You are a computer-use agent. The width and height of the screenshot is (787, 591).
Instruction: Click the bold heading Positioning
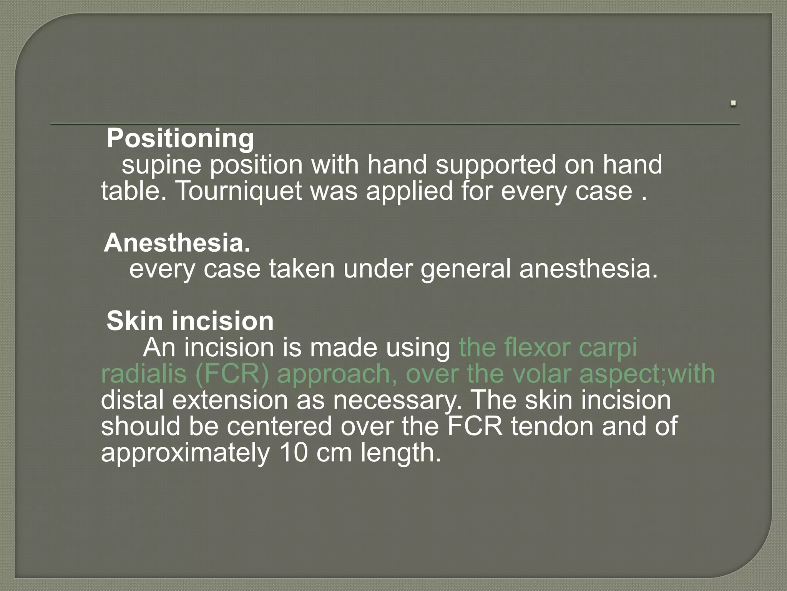(180, 139)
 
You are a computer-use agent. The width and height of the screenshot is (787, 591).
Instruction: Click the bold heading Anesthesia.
(177, 243)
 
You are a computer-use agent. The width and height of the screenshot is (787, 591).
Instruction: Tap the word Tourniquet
(238, 191)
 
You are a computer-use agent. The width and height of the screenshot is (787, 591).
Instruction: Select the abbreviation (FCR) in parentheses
(232, 374)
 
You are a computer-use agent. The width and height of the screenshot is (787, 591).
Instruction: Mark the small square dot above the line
(734, 103)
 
